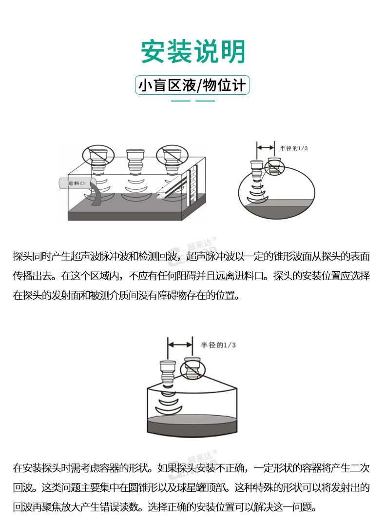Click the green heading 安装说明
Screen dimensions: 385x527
click(192, 51)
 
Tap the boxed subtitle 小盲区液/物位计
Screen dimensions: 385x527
click(192, 85)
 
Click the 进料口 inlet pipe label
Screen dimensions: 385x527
click(77, 183)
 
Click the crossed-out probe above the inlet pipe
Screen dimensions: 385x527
click(98, 157)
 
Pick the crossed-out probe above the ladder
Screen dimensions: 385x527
click(173, 157)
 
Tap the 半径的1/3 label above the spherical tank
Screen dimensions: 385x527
click(294, 148)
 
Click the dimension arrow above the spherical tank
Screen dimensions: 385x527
click(266, 147)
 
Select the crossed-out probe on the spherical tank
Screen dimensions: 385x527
click(274, 167)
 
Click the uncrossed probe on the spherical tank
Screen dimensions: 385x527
click(257, 169)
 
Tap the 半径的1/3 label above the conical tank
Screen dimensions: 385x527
click(218, 345)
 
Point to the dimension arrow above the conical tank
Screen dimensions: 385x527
click(180, 345)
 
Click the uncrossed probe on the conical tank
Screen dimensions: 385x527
click(168, 372)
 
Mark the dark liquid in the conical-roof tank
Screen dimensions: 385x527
click(192, 425)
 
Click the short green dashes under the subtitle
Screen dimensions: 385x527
click(192, 101)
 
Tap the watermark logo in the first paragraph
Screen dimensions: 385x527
click(197, 249)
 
